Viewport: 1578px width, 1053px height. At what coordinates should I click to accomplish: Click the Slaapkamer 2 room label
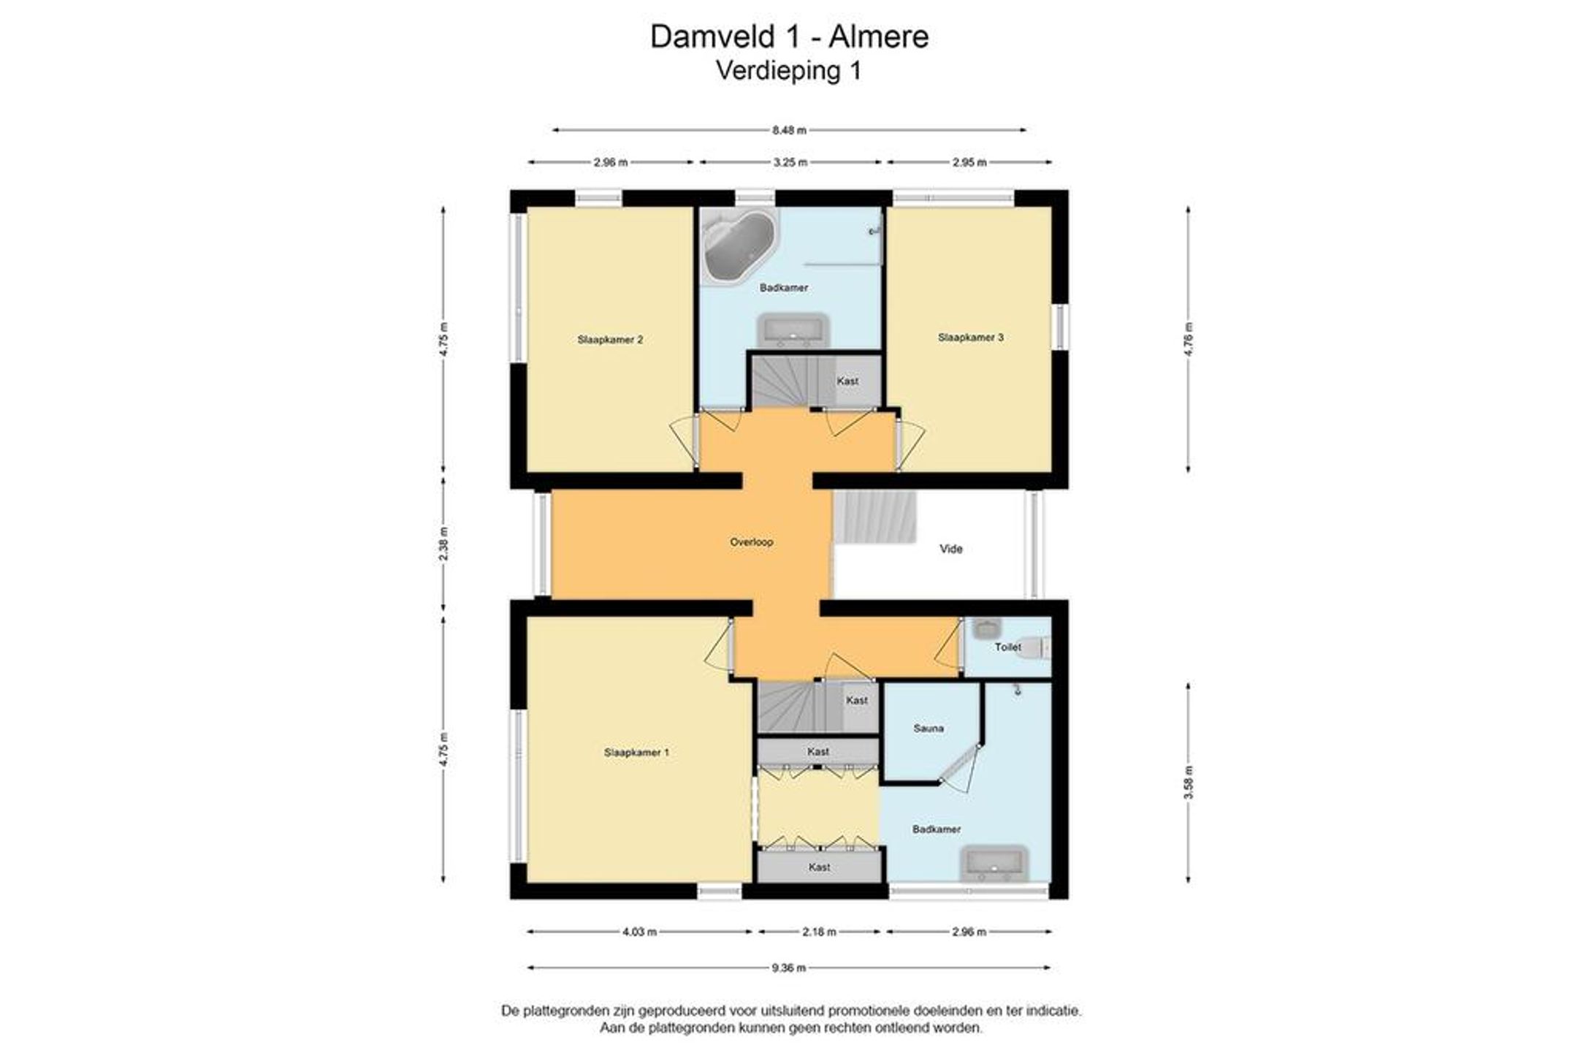[610, 340]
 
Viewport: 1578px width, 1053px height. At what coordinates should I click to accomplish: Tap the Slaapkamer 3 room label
[971, 338]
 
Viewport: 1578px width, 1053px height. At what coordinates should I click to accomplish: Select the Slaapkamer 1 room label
[636, 753]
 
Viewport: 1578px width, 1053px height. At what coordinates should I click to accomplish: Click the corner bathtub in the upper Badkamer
[739, 245]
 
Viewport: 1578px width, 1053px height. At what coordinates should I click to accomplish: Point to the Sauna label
[929, 729]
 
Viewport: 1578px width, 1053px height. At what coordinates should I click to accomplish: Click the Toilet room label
[1008, 647]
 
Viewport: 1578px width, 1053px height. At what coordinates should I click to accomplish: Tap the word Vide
[951, 549]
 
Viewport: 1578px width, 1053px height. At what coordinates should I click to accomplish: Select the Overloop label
[752, 542]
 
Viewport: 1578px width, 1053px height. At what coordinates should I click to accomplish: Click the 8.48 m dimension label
[790, 131]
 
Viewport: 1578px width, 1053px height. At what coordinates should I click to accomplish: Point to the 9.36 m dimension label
[789, 968]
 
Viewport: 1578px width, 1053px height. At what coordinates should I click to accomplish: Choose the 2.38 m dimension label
[443, 543]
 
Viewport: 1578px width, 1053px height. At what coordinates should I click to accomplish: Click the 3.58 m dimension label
[1189, 782]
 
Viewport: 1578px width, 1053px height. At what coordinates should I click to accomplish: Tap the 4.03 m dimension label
[639, 932]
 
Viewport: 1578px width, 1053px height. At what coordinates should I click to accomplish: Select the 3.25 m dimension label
[790, 162]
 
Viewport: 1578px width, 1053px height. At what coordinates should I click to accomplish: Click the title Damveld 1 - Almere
[790, 37]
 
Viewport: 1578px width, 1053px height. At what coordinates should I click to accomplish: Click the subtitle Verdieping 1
[789, 71]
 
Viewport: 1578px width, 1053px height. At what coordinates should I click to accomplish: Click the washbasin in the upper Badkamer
[793, 331]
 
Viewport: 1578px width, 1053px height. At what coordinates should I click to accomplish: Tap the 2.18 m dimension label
[819, 932]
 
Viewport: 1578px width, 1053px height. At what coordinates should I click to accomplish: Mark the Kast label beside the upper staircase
[847, 381]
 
